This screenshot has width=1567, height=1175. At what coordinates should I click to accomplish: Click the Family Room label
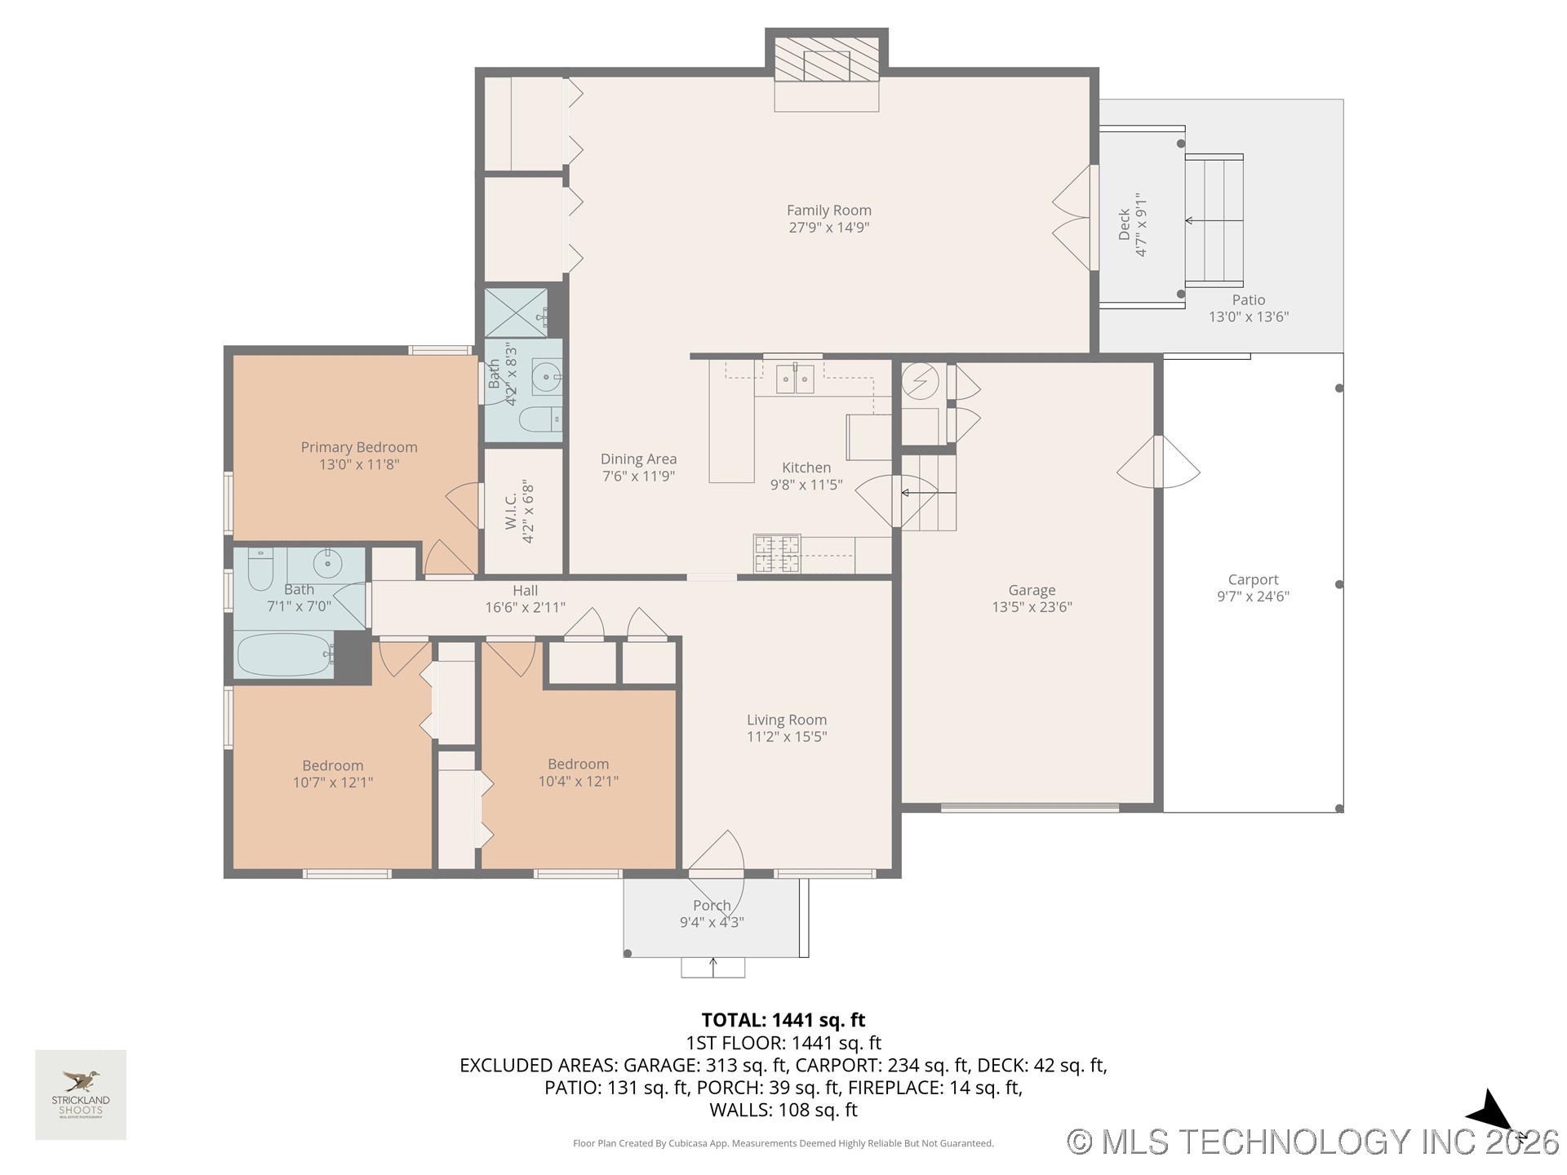(828, 211)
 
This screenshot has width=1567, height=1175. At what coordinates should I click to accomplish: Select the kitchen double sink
(794, 379)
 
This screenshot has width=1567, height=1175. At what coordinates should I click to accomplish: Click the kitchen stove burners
(776, 554)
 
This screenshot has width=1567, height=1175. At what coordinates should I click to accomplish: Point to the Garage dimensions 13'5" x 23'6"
(1032, 607)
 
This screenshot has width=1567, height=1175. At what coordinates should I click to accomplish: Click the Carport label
(1253, 580)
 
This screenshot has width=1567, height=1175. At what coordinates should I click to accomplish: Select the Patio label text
(1248, 300)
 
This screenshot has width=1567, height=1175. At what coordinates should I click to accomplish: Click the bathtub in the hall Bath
(284, 654)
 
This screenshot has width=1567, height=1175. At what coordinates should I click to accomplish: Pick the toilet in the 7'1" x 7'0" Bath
(260, 569)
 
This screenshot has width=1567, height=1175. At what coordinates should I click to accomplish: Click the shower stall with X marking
(516, 313)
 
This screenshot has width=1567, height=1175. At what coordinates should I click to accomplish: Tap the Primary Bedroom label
(359, 447)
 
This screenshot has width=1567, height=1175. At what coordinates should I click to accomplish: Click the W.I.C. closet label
(511, 512)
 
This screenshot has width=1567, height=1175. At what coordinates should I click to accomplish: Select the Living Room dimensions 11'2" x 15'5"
(787, 737)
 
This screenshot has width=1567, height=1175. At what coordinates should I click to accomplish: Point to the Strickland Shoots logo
(81, 1093)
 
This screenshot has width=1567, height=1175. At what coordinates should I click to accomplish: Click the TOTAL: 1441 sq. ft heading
(783, 1020)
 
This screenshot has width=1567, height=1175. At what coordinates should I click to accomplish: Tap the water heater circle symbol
(920, 381)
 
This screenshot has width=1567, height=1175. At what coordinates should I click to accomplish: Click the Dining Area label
(638, 459)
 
